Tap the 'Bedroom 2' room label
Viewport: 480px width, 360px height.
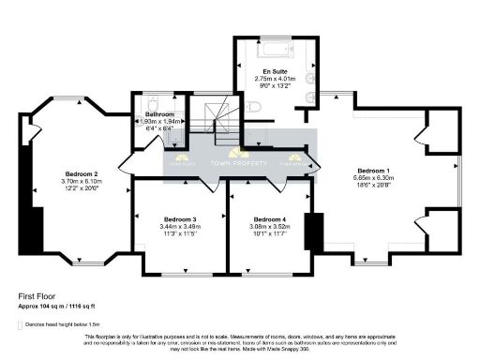tap(56, 174)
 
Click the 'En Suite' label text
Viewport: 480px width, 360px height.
tap(274, 70)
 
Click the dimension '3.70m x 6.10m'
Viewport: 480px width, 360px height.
tap(56, 182)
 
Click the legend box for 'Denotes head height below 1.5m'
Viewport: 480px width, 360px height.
tap(22, 323)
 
